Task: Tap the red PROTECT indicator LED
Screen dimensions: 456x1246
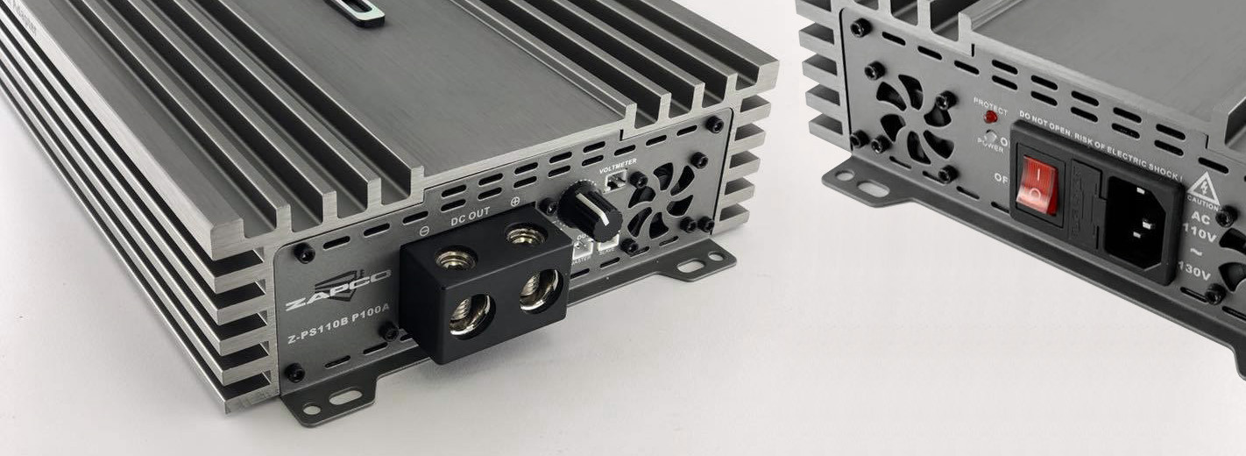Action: pos(990,116)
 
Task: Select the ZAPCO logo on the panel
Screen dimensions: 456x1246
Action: pos(337,293)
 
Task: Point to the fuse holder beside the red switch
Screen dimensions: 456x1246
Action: pos(1085,201)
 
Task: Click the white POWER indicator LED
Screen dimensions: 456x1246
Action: pos(989,138)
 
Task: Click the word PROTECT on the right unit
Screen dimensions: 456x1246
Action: pos(990,102)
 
